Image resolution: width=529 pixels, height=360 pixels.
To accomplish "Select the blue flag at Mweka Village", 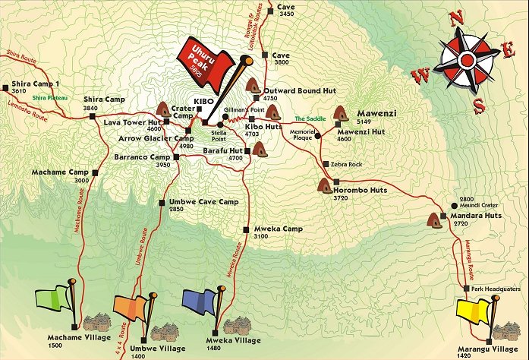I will click(201, 302).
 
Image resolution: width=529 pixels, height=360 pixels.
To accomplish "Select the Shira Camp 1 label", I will click(36, 84).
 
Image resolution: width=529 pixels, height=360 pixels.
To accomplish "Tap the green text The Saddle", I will click(310, 118).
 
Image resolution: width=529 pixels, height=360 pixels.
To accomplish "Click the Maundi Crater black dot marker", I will click(454, 206).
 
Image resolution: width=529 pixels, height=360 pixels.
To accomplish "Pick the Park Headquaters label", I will click(496, 288).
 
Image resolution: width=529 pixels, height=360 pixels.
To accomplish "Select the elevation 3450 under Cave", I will click(286, 14).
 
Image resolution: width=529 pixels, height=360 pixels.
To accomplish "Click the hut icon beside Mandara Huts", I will click(435, 221).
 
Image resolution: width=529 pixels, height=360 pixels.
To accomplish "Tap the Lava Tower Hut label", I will click(134, 122).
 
